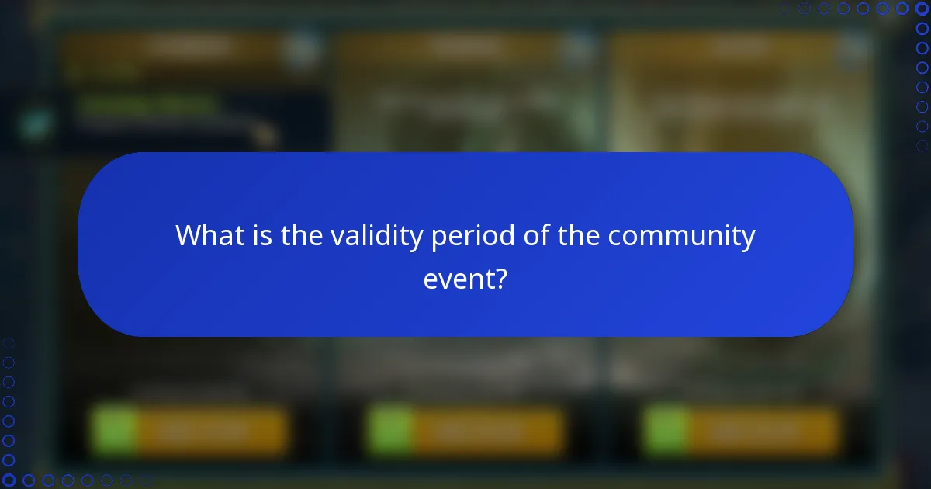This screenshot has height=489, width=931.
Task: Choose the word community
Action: pos(681,235)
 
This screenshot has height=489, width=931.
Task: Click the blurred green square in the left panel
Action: pos(114,431)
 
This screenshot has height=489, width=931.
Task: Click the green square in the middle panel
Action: pos(389,431)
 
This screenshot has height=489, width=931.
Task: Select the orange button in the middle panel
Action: pos(485,431)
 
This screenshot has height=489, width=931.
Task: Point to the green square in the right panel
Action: pos(666,431)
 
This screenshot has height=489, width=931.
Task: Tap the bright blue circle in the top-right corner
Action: pos(922,9)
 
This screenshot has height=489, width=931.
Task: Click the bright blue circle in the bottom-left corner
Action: pos(9,480)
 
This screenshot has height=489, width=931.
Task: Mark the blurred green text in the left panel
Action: pos(147,105)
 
